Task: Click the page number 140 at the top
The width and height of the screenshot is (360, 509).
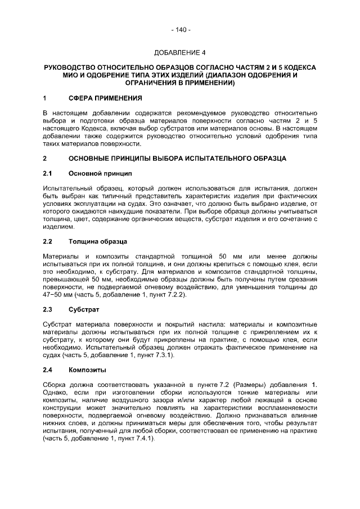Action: point(180,29)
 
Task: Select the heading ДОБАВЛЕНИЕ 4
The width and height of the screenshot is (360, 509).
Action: point(180,53)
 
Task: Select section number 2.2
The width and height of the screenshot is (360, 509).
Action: point(48,242)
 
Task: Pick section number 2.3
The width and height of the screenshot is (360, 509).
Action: point(48,310)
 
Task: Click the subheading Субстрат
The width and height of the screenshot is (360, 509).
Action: point(84,310)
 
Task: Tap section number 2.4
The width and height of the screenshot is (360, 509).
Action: point(48,370)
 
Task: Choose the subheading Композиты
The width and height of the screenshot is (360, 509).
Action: point(87,370)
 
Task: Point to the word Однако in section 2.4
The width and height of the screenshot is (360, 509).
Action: point(56,393)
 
